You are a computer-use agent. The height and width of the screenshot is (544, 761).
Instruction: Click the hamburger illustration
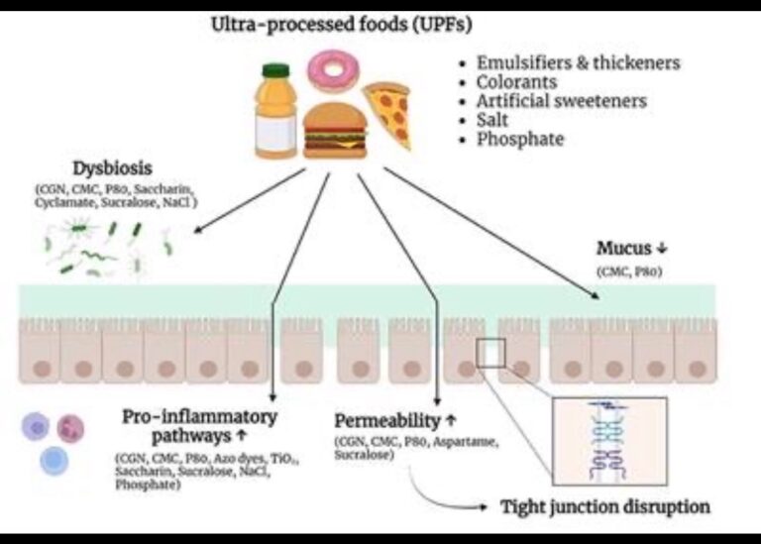coord(334,132)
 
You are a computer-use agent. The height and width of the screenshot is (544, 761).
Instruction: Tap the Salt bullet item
coord(492,120)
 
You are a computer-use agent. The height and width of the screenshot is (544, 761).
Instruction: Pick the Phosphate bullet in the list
coord(519,140)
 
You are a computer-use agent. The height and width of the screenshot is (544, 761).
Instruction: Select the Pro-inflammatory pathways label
coord(199,425)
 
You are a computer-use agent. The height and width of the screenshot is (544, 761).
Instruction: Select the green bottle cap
coord(274,70)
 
